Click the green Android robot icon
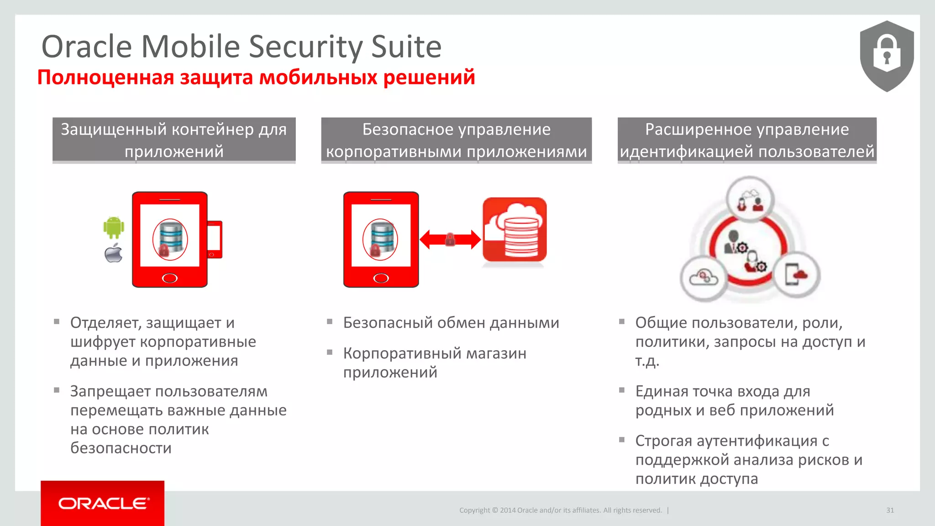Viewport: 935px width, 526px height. [x=114, y=227]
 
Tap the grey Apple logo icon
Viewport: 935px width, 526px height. [x=114, y=253]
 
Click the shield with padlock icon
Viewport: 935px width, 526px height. [x=887, y=56]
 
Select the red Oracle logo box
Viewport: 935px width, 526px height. [x=102, y=503]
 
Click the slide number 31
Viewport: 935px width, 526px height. [x=890, y=510]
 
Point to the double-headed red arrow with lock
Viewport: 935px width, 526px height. [x=450, y=239]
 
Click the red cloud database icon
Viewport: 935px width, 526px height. [x=515, y=230]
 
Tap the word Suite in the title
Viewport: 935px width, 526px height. [x=406, y=47]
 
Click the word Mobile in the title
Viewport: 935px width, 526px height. [x=190, y=47]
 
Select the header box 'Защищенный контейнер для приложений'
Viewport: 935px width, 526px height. [x=174, y=140]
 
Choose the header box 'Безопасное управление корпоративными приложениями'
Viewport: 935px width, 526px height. [x=456, y=140]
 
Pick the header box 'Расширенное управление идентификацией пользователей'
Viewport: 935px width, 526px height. [x=747, y=140]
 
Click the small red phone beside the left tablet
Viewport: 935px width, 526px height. [x=215, y=239]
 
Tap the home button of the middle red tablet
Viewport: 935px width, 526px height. [x=381, y=278]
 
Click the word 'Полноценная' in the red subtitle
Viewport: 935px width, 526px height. [x=105, y=77]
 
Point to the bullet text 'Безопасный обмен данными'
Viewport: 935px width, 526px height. [x=451, y=323]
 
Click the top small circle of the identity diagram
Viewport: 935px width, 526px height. [x=750, y=200]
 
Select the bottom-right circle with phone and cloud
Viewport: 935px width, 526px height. [x=796, y=275]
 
